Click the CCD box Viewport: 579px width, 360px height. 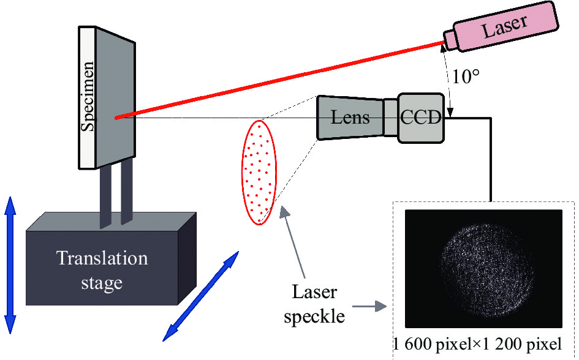[x=421, y=118]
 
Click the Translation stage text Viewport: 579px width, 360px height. [x=102, y=270]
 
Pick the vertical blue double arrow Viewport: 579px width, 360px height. [x=10, y=264]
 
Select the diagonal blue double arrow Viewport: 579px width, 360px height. [x=200, y=294]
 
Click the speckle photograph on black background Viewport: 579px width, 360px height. [x=483, y=270]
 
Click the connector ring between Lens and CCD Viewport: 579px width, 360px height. [x=390, y=118]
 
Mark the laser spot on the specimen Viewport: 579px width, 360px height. [x=116, y=117]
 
